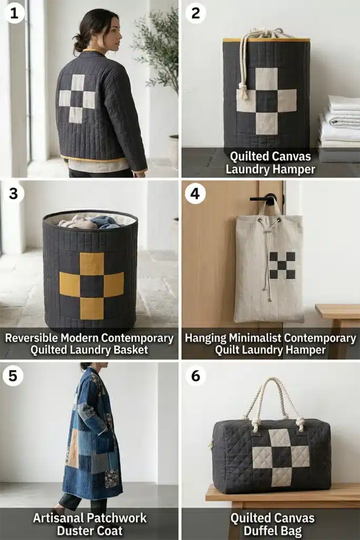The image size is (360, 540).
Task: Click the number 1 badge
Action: point(14,14)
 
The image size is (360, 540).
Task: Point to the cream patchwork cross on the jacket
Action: point(77,99)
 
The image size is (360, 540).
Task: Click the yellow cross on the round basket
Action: point(92,285)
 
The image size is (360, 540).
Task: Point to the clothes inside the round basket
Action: point(90,222)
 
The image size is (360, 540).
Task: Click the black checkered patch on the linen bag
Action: point(282,265)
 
